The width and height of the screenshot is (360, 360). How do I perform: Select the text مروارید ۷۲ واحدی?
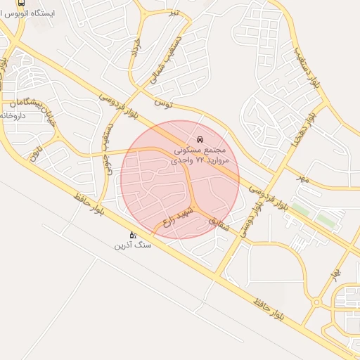[200, 160]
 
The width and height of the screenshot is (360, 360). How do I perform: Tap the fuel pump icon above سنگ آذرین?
[131, 235]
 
